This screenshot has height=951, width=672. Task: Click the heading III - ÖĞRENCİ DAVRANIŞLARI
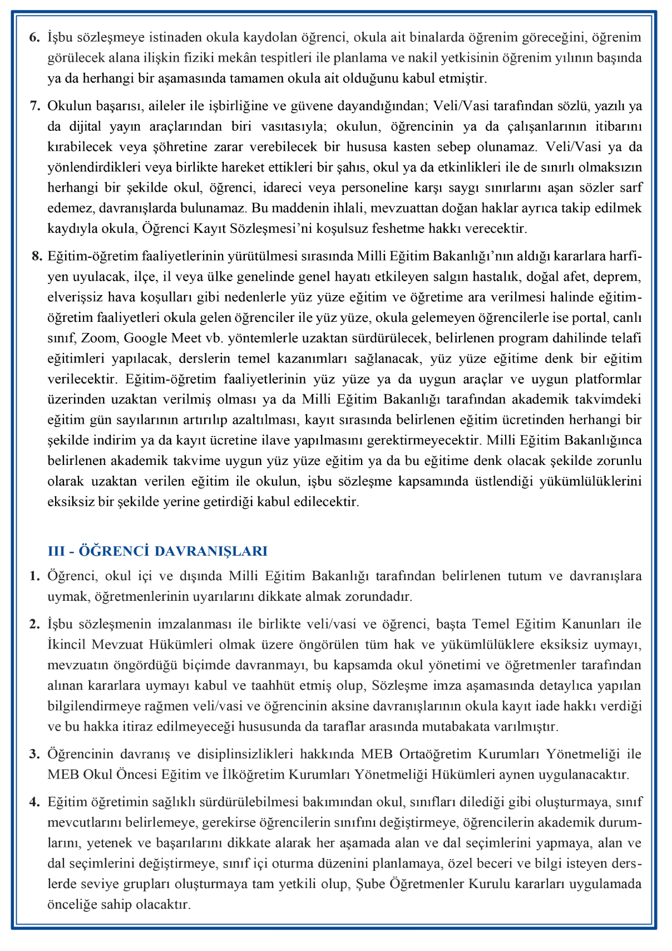157,551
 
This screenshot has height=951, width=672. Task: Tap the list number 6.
34,38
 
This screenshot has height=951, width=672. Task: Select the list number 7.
34,106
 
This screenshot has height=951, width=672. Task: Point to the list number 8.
37,256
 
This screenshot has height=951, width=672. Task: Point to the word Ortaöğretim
433,754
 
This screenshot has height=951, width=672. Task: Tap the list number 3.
34,754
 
